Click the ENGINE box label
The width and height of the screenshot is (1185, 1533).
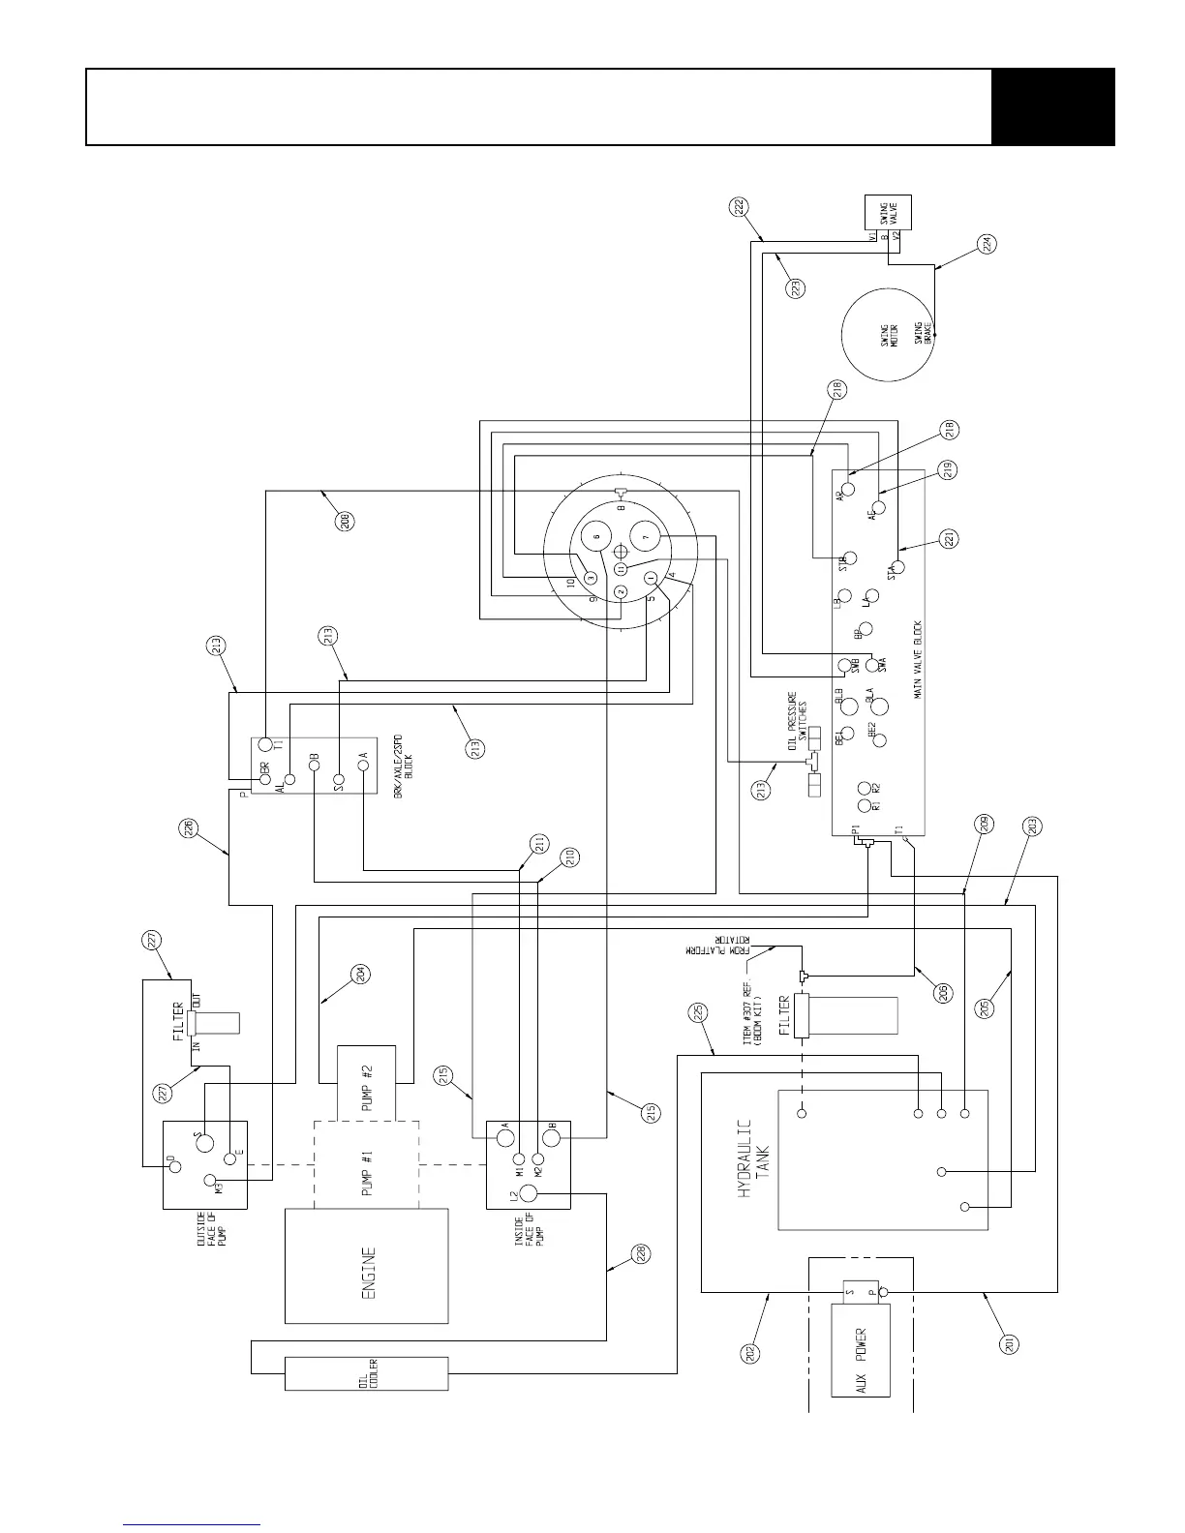pyautogui.click(x=366, y=1265)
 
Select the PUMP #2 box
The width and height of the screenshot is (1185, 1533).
pyautogui.click(x=365, y=1079)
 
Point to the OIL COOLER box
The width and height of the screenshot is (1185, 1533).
pyautogui.click(x=366, y=1373)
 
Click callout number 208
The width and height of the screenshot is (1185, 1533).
pyautogui.click(x=346, y=520)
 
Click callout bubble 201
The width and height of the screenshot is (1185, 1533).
pyautogui.click(x=1010, y=1344)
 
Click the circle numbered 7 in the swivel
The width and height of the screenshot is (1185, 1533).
pyautogui.click(x=648, y=535)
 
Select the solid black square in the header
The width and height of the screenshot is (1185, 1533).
pyautogui.click(x=1053, y=106)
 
